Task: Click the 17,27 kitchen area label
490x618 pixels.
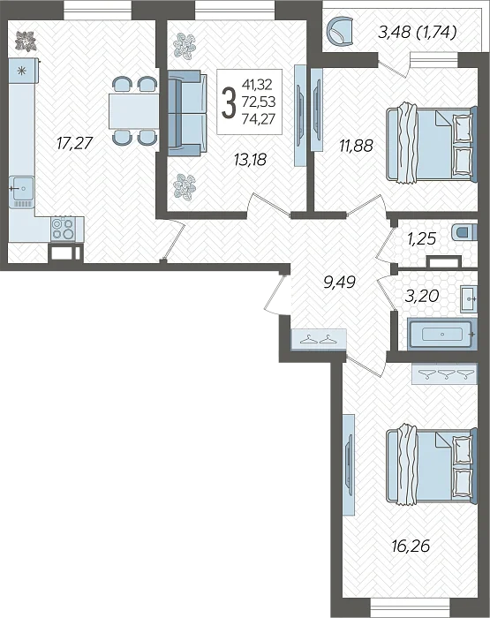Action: point(74,143)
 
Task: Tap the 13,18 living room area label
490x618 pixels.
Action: point(251,160)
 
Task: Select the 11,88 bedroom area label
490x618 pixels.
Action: point(356,146)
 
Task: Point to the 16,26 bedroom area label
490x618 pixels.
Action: point(411,546)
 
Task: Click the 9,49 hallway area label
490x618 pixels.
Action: point(339,282)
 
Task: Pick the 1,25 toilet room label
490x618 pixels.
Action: point(421,238)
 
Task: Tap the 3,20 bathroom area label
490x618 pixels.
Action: point(422,295)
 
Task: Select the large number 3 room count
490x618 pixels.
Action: point(229,102)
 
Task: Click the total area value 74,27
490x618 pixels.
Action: point(259,118)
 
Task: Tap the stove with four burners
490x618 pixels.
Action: point(63,229)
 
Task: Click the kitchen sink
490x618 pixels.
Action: point(22,192)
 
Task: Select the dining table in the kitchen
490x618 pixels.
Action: point(133,110)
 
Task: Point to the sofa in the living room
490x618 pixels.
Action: point(187,113)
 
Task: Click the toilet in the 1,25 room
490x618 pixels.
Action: point(464,231)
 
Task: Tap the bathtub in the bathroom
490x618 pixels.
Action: point(442,335)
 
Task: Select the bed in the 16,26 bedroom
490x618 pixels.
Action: point(431,463)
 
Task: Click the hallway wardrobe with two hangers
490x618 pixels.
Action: point(319,339)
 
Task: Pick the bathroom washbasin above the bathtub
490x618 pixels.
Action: point(468,299)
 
